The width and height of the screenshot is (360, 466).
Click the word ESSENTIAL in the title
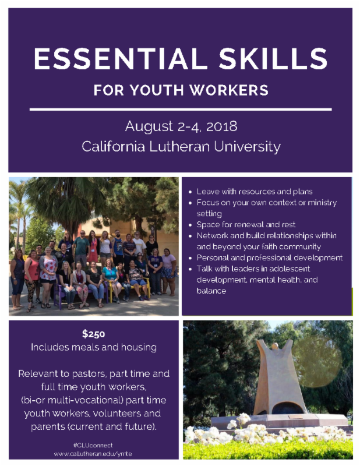point(121,59)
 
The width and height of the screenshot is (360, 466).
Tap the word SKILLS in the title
point(273,59)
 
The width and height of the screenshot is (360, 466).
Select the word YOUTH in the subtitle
point(157,90)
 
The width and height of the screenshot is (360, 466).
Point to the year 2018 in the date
point(222,126)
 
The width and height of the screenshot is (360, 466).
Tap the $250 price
point(94,334)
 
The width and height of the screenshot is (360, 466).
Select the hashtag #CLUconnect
point(93,445)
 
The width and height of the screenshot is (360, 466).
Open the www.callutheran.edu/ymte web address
point(93,454)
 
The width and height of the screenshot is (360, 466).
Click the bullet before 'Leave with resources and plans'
point(190,192)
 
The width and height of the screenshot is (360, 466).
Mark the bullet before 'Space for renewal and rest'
point(190,225)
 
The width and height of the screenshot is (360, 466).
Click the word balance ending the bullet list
point(211,291)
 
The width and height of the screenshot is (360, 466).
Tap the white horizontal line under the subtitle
point(181,110)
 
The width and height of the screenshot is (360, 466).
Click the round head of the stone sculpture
point(275,346)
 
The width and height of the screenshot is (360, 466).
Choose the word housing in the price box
point(139,347)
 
